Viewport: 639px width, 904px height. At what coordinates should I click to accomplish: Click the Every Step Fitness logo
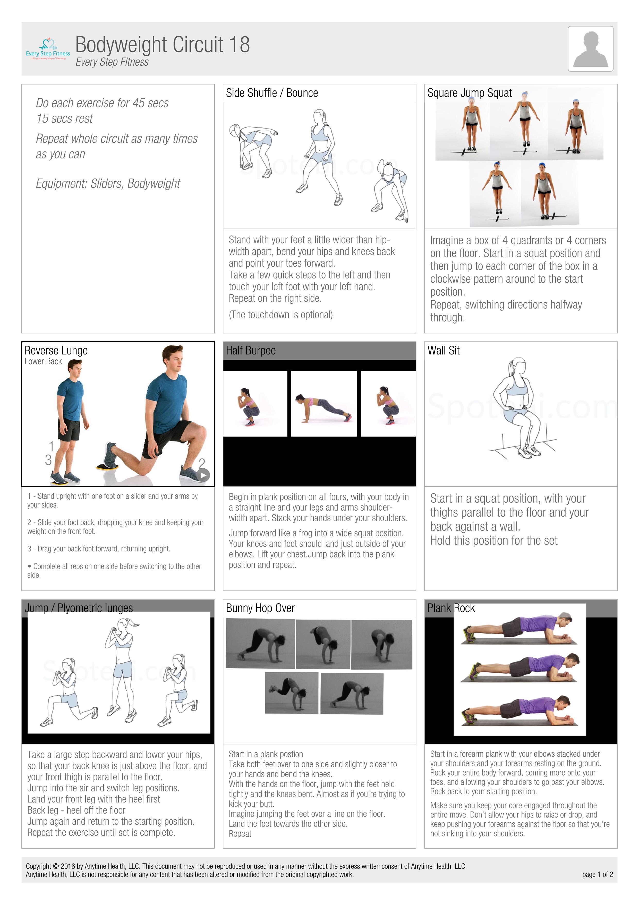pyautogui.click(x=48, y=49)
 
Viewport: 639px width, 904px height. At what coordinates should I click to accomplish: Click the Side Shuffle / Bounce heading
pyautogui.click(x=272, y=93)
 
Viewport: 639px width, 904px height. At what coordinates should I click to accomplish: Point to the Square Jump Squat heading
pyautogui.click(x=469, y=93)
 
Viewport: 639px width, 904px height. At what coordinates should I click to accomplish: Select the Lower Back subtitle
pyautogui.click(x=43, y=361)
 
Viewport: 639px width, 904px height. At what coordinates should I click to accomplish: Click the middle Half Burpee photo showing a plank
pyautogui.click(x=324, y=404)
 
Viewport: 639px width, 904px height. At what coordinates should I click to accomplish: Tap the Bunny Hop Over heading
pyautogui.click(x=260, y=608)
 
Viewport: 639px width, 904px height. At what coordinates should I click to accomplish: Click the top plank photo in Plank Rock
pyautogui.click(x=519, y=629)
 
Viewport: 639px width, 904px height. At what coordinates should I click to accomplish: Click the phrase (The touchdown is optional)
pyautogui.click(x=281, y=315)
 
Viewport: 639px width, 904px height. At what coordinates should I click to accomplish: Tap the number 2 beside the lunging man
pyautogui.click(x=202, y=463)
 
